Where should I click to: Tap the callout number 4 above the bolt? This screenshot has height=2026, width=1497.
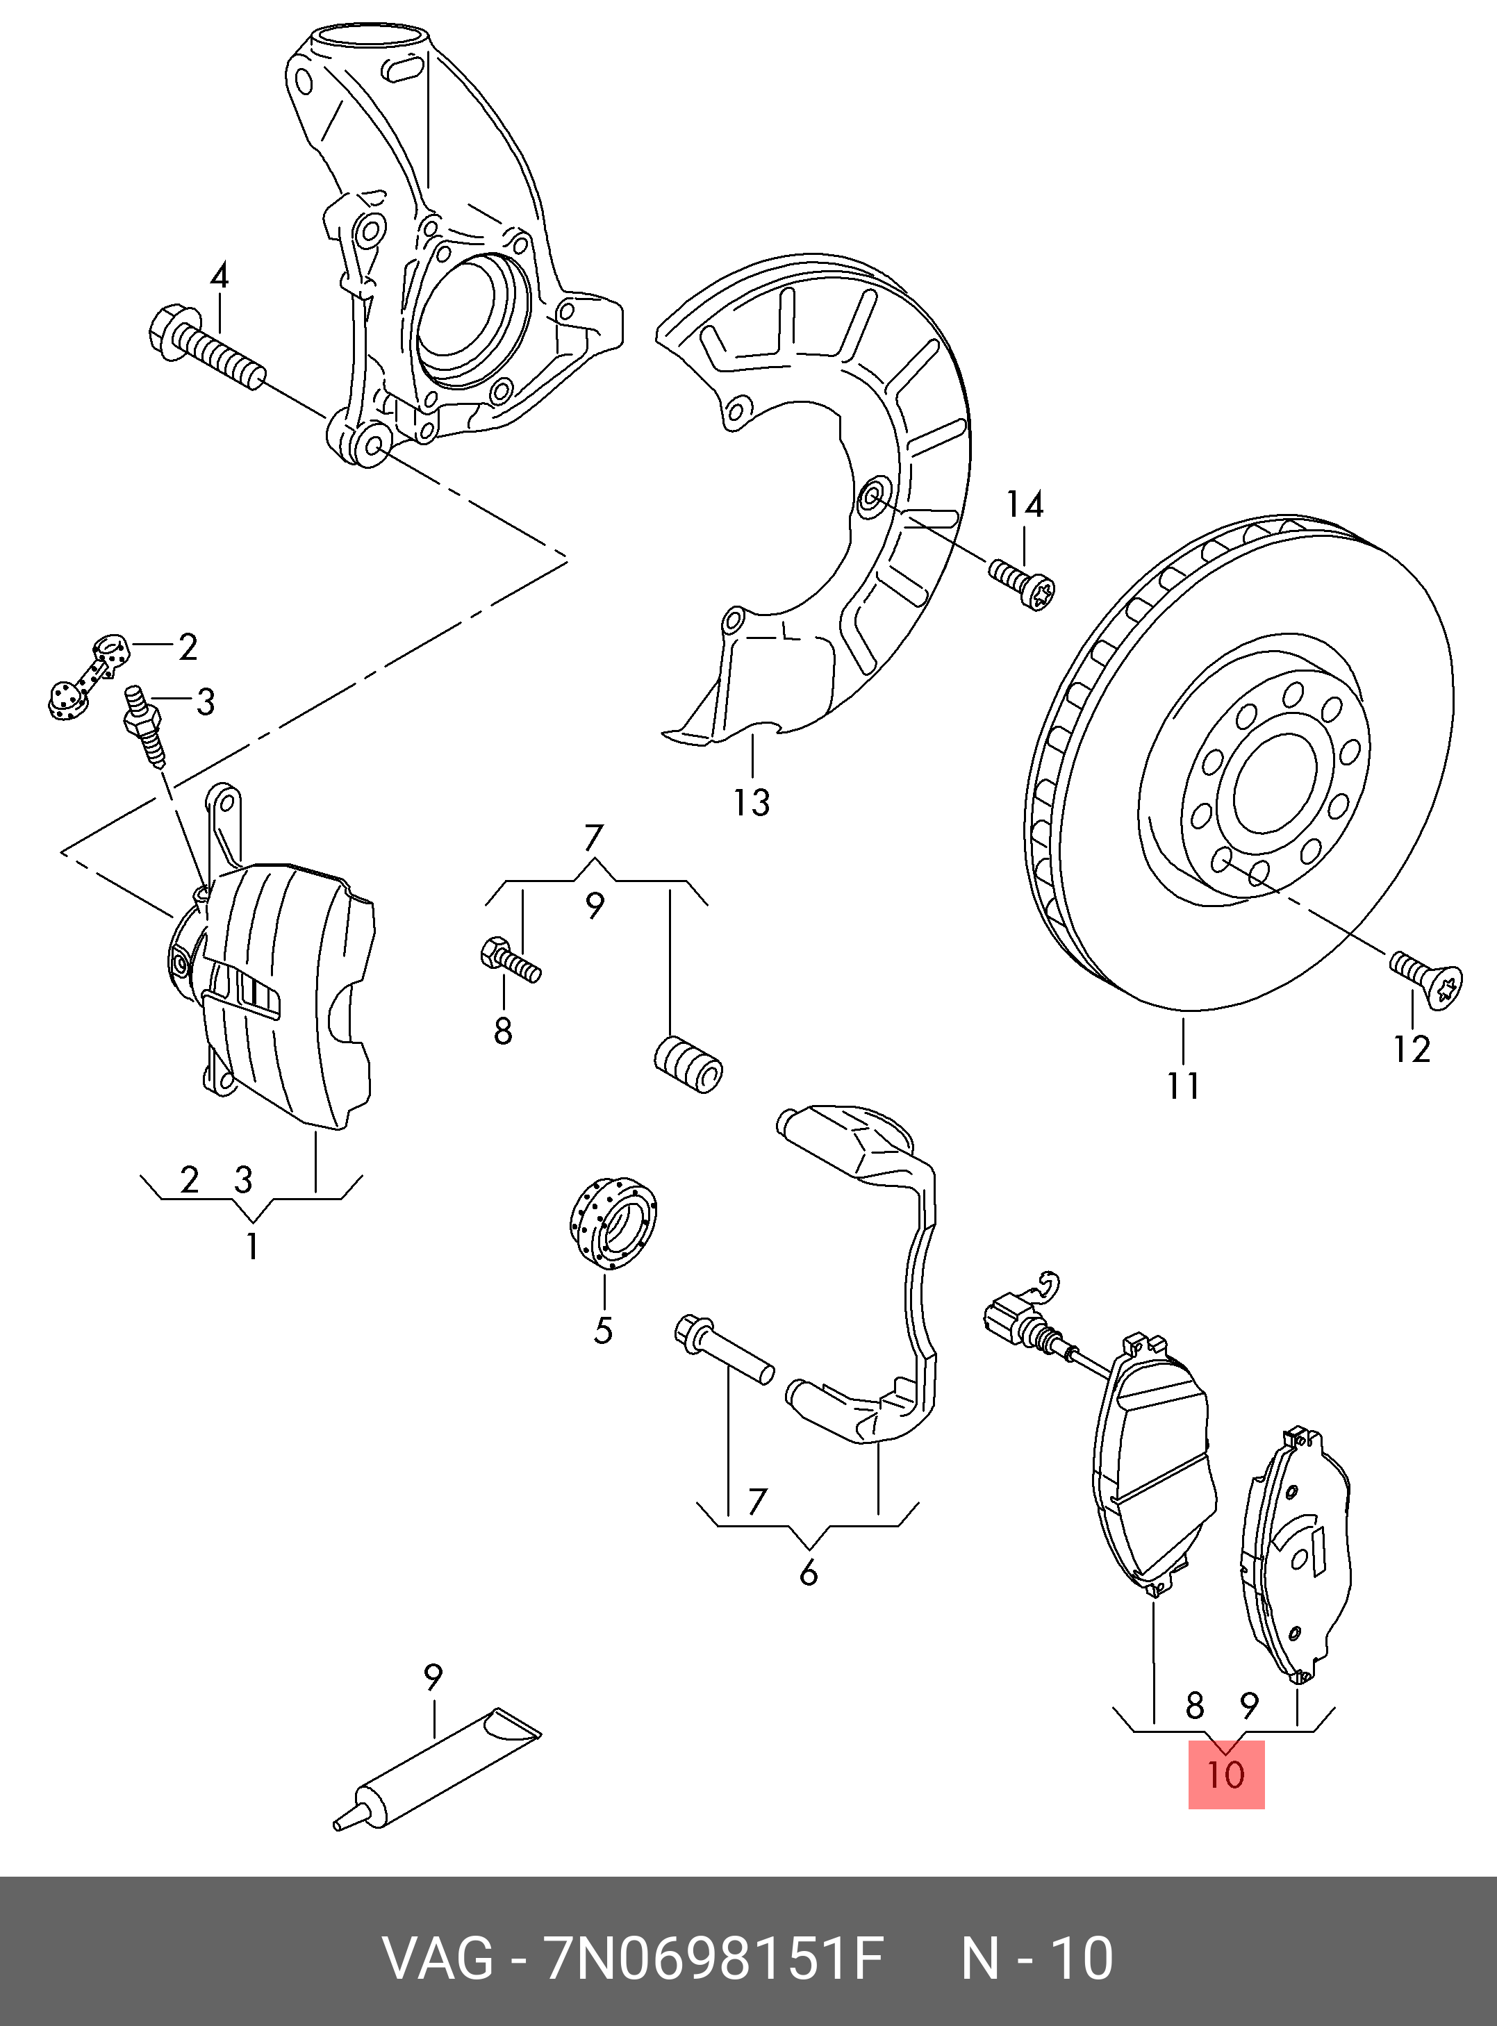(x=220, y=276)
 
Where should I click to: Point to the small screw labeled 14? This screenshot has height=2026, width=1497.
(x=1025, y=583)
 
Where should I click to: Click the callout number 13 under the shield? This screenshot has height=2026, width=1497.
(x=751, y=803)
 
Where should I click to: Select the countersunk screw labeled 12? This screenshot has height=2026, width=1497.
(x=1428, y=979)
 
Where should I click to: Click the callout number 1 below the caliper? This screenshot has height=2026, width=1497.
(x=253, y=1247)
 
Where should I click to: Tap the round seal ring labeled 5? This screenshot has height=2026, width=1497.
(x=613, y=1219)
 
